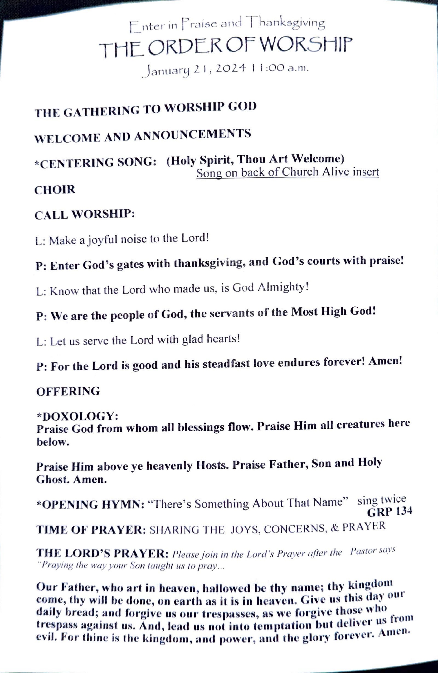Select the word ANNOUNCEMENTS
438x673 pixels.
coord(192,135)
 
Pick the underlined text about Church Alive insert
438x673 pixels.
coord(287,172)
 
